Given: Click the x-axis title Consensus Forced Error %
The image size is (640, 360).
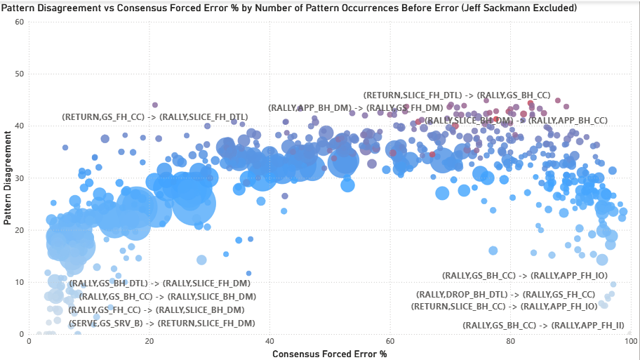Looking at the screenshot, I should click(x=329, y=354).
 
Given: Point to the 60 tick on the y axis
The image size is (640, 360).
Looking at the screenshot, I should click(x=20, y=22).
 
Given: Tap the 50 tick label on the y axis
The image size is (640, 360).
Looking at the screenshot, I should click(x=20, y=74).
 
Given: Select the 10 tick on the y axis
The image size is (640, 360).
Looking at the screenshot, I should click(x=20, y=282).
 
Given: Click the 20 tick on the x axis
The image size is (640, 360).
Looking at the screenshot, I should click(x=149, y=342).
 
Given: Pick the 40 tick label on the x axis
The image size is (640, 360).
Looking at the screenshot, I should click(x=270, y=342).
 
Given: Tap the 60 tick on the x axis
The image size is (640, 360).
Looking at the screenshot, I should click(x=391, y=342).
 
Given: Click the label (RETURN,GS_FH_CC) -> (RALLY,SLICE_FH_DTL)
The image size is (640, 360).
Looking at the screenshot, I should click(x=155, y=116).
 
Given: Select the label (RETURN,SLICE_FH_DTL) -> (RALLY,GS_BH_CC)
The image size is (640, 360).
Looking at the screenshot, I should click(x=456, y=95).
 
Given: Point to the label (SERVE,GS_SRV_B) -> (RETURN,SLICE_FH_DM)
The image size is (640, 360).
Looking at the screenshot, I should click(x=161, y=323).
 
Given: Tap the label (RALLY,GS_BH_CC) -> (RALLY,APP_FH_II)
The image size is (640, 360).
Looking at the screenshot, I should click(x=543, y=326).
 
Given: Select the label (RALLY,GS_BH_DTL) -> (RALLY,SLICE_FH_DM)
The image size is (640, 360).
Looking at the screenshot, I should click(x=160, y=284).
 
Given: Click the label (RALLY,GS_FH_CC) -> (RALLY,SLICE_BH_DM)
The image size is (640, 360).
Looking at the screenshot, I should click(x=161, y=309).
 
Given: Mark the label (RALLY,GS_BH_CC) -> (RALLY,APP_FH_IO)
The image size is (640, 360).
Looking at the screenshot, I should click(x=524, y=276).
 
